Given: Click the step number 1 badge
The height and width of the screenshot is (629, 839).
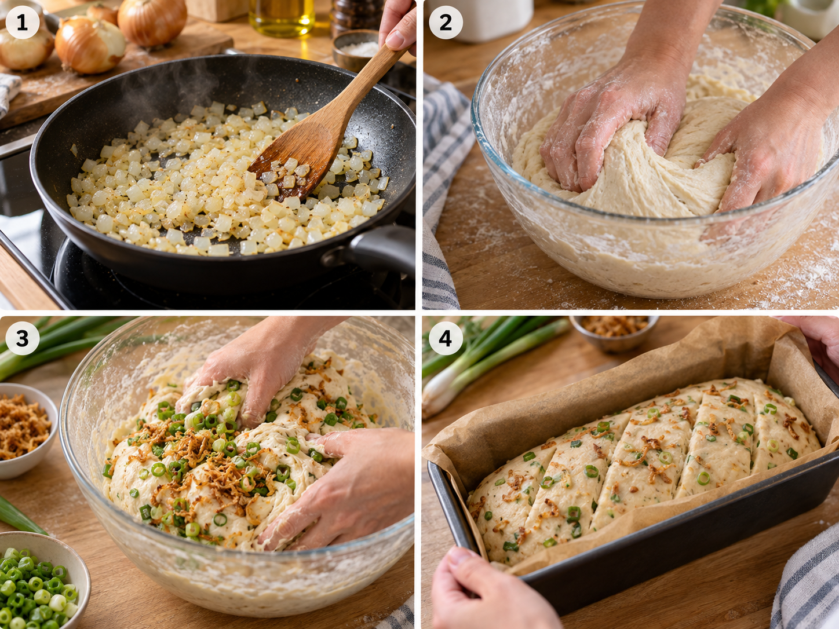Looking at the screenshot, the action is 22,22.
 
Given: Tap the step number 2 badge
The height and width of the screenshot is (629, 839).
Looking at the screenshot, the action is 446,22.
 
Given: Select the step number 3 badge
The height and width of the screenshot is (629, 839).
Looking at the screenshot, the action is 22,338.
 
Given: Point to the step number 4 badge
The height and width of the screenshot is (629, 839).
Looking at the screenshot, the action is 446,338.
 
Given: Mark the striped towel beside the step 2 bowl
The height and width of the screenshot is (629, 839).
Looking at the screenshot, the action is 443,191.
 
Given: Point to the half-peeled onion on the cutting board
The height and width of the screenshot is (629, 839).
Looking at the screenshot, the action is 90,45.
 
